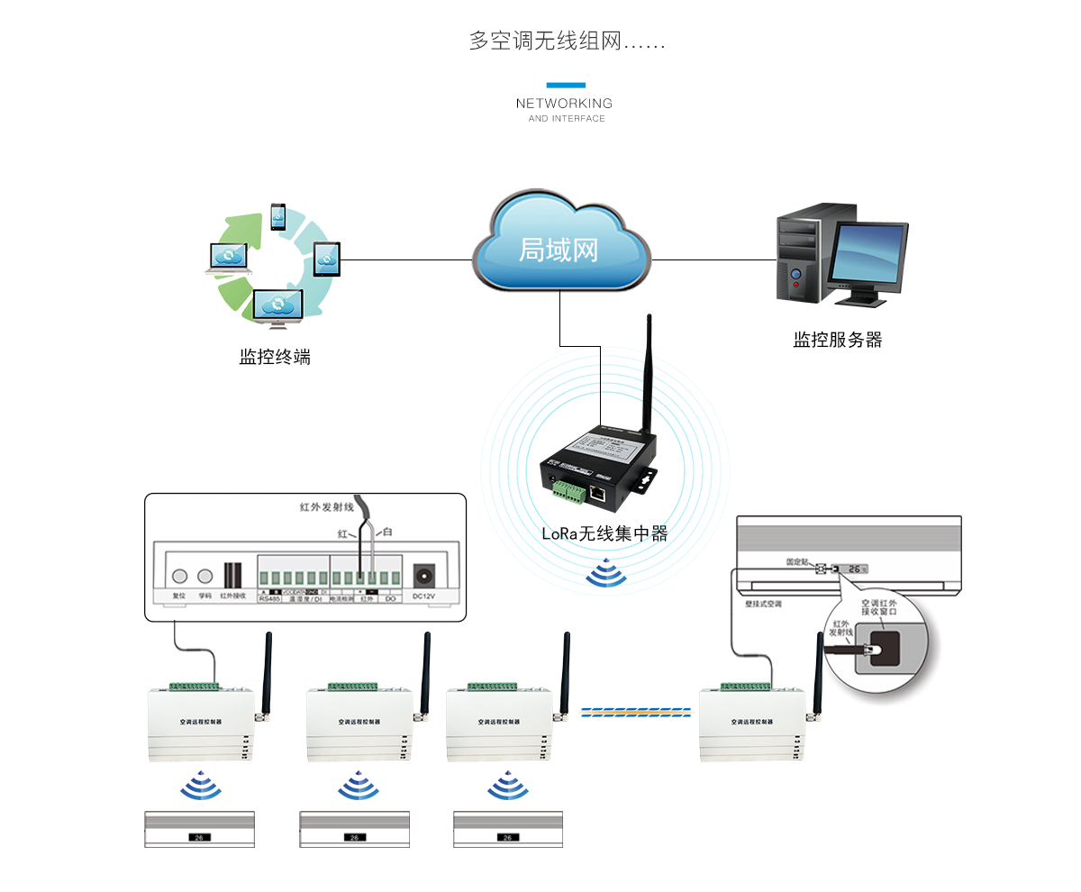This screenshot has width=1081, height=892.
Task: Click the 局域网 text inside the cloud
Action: (559, 249)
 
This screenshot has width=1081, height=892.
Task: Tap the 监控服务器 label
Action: (837, 340)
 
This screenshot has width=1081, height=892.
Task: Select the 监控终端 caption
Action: (275, 356)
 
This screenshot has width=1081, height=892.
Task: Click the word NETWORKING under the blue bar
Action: (564, 104)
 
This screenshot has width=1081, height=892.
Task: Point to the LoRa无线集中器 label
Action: (604, 532)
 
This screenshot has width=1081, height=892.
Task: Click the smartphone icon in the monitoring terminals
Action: (278, 216)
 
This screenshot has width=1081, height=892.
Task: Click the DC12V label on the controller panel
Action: (423, 596)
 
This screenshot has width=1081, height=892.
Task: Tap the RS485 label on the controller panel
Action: (270, 596)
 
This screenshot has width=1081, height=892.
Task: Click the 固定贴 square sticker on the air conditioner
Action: (820, 569)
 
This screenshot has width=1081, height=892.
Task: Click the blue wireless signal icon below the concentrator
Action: (606, 574)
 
